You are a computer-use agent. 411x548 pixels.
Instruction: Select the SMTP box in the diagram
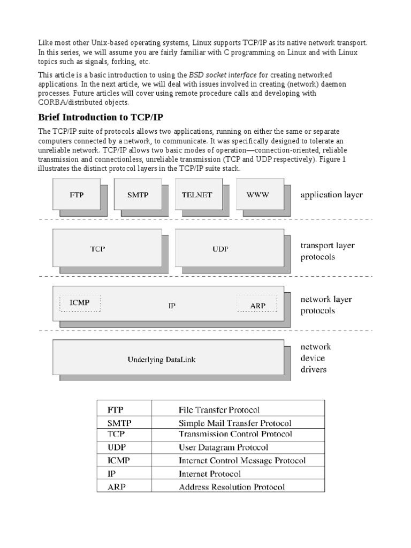tap(138, 195)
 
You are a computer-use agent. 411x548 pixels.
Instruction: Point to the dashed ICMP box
tap(80, 303)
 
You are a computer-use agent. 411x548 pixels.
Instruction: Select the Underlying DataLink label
tap(161, 360)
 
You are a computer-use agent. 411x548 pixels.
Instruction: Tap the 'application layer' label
tap(331, 194)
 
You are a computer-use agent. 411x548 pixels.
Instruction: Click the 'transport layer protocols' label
tap(327, 251)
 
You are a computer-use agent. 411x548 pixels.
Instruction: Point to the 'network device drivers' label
tap(315, 358)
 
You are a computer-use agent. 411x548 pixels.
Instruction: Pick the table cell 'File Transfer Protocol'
tap(219, 410)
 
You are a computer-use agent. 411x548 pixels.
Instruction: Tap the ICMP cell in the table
tap(118, 460)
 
